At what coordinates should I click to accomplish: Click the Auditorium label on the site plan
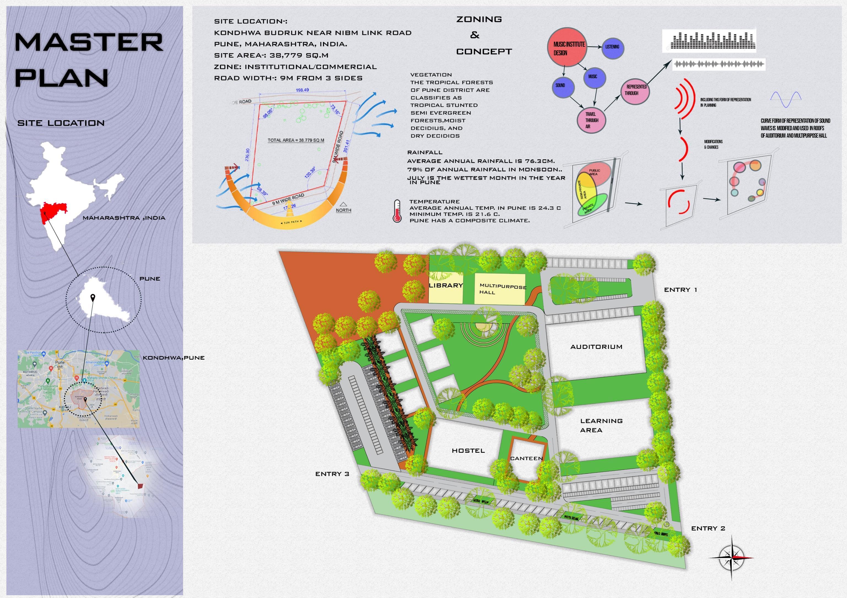click(x=596, y=347)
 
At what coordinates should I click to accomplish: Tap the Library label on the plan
click(x=446, y=285)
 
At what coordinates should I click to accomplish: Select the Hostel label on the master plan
click(x=468, y=451)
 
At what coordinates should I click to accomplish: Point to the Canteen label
click(x=527, y=459)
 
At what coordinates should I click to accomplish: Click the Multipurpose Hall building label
click(x=503, y=289)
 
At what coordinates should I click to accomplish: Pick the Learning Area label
click(x=601, y=425)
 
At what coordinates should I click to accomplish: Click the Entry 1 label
click(x=680, y=290)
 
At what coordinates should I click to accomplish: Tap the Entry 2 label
click(x=708, y=529)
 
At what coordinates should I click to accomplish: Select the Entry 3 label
click(x=332, y=474)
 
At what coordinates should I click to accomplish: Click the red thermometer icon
click(x=397, y=211)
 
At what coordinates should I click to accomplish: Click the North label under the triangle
click(x=343, y=210)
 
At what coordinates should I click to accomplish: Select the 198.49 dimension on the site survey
click(x=302, y=90)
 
